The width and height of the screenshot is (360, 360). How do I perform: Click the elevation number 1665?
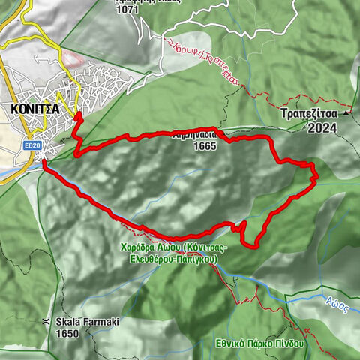203,146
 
